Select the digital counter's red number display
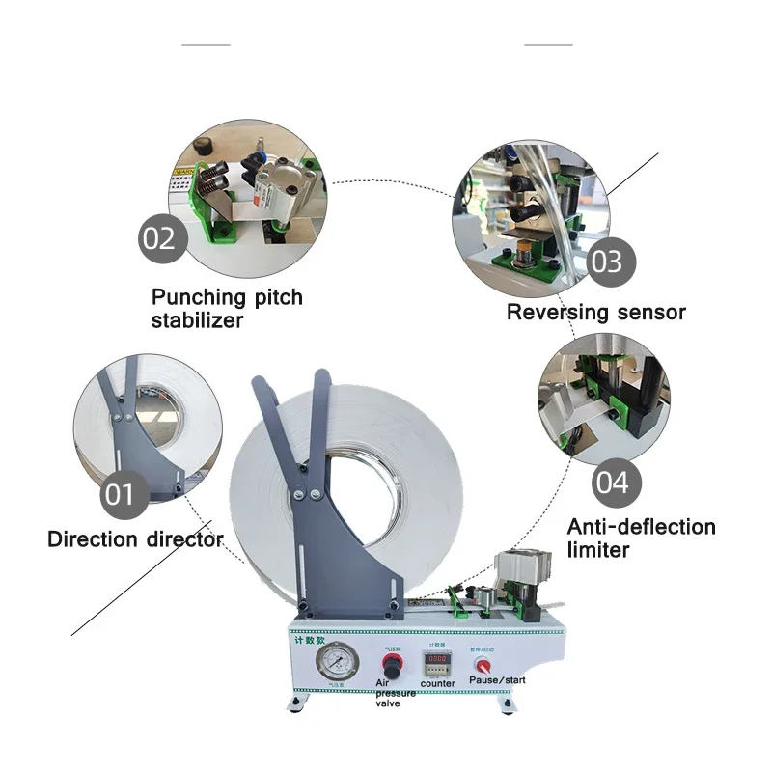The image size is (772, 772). (437, 664)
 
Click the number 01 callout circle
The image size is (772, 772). (120, 496)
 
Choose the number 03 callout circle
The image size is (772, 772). (607, 261)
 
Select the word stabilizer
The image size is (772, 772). (197, 319)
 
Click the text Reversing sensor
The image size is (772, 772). (595, 312)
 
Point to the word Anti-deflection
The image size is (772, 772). (641, 528)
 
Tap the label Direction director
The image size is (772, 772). (135, 538)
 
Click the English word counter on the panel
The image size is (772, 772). (437, 682)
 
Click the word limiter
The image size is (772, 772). (598, 550)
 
